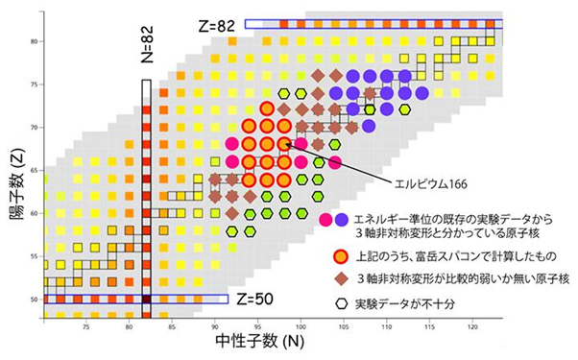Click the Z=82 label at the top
(216, 23)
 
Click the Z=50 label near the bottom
(254, 299)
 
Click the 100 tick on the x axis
(301, 327)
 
